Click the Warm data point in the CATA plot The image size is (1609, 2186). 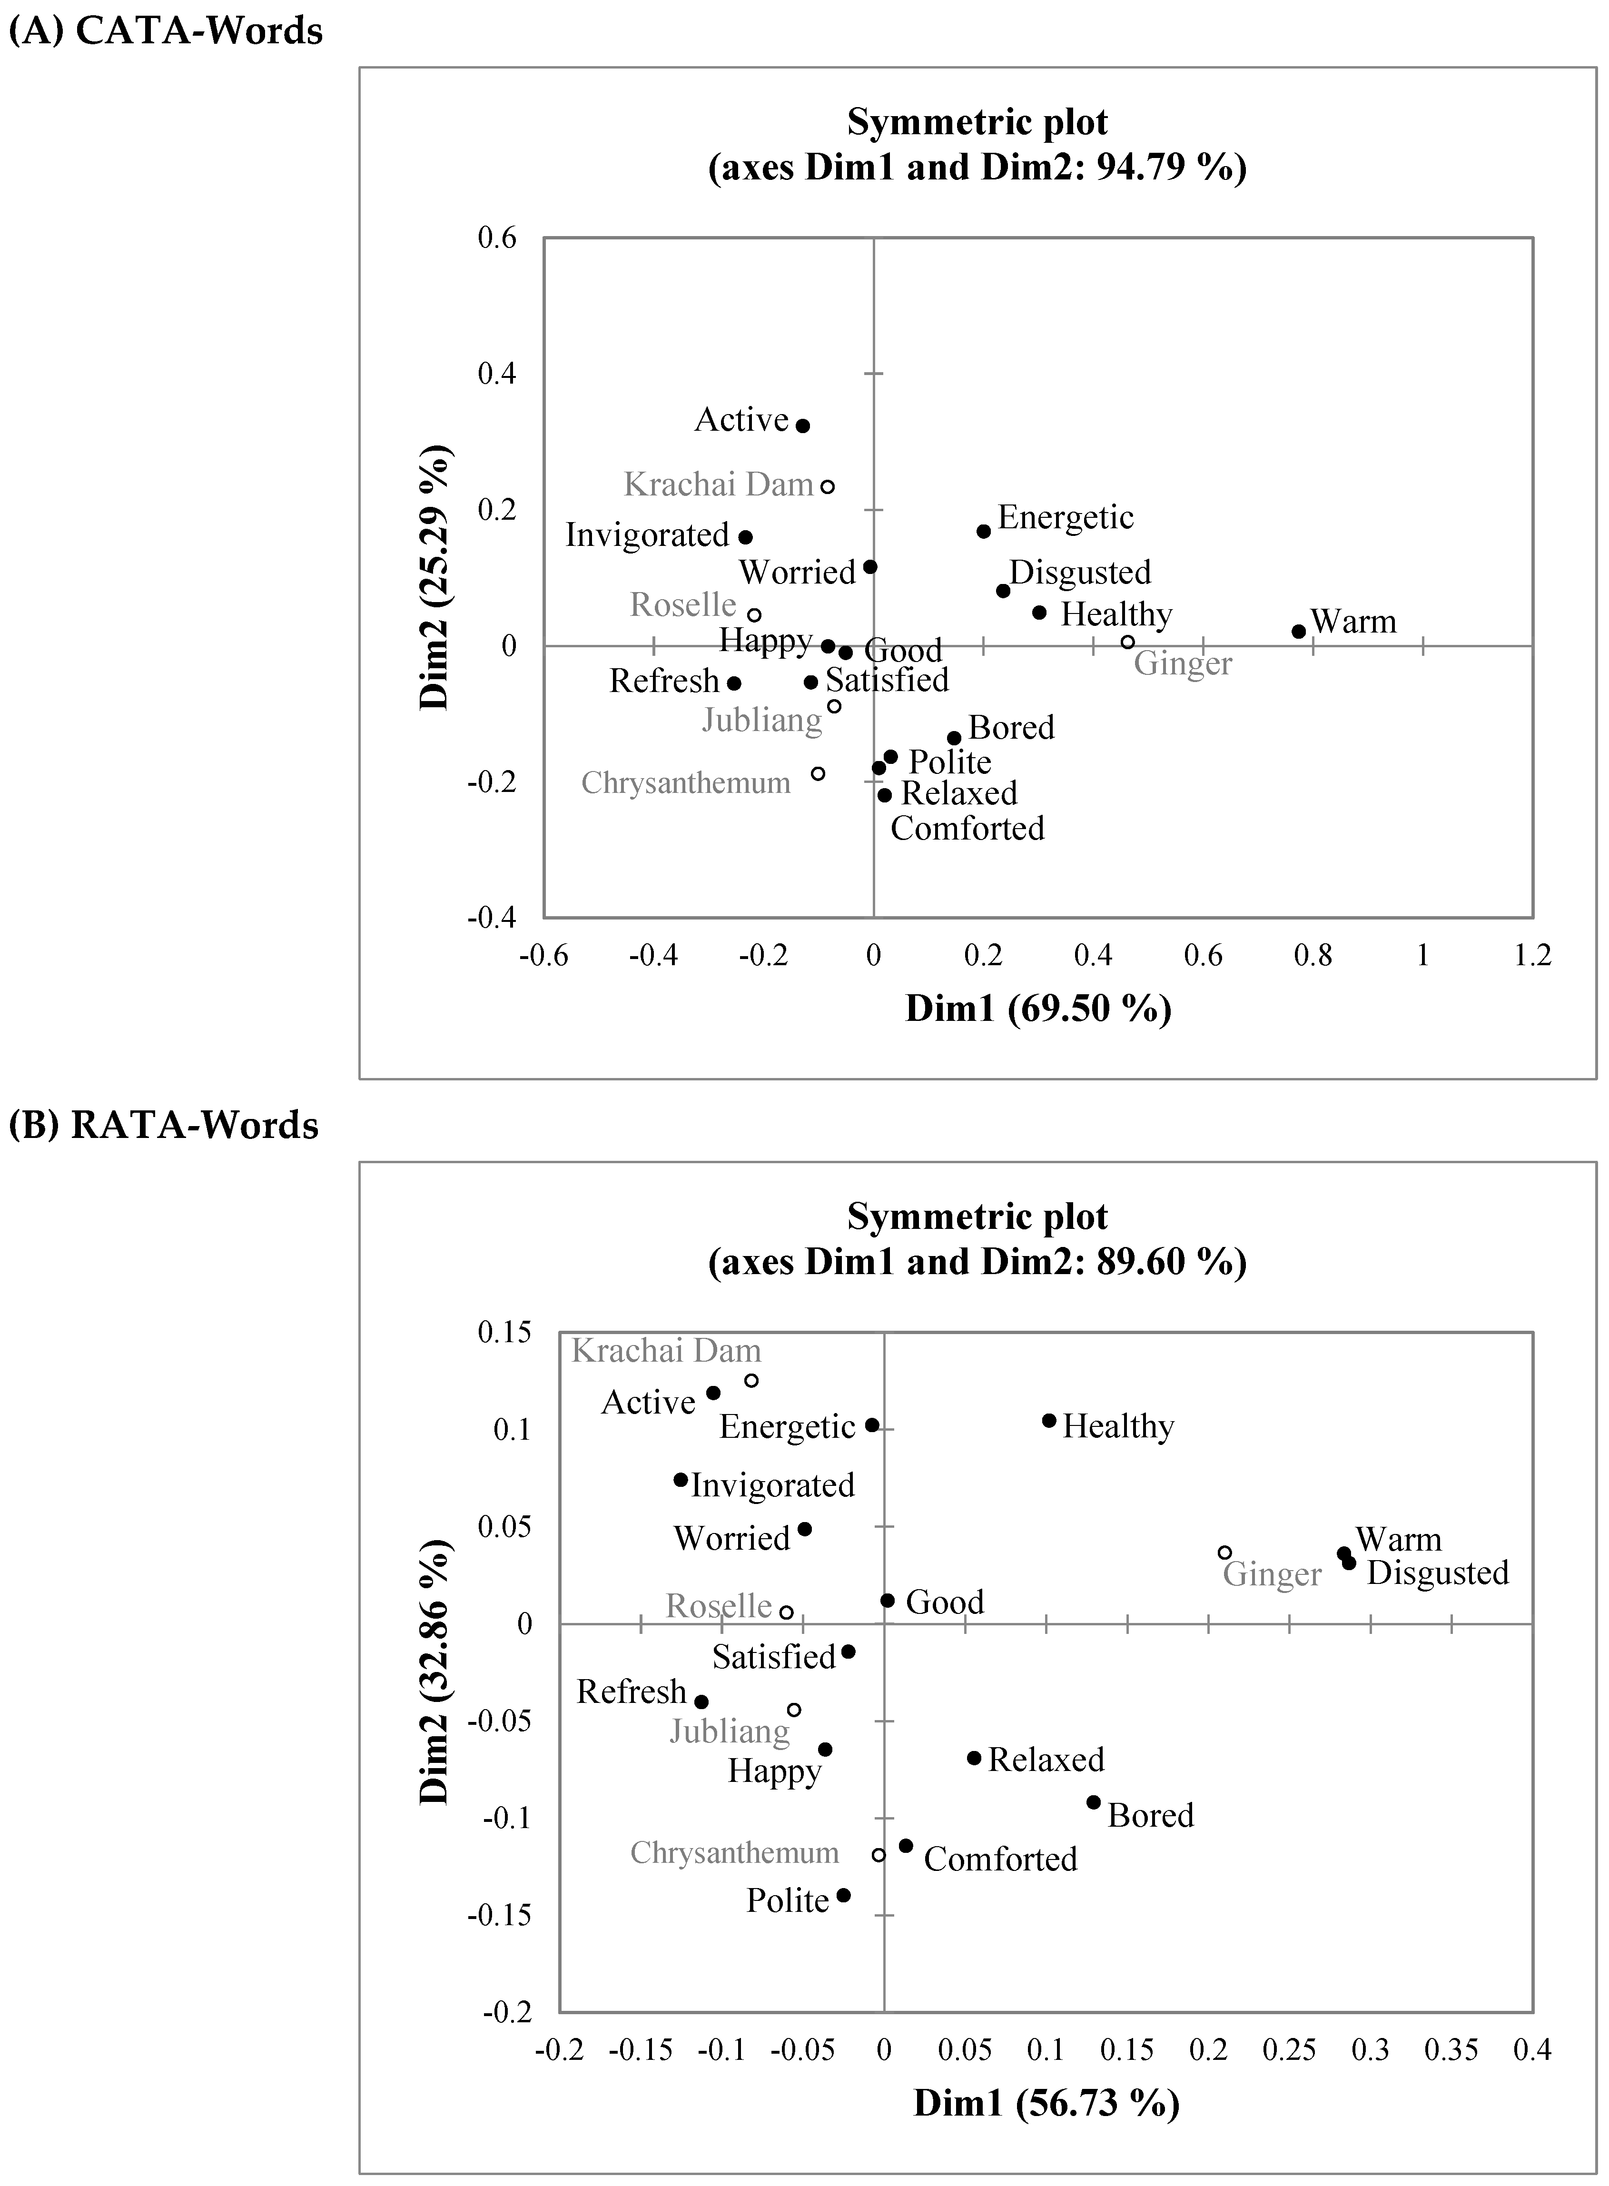[1298, 631]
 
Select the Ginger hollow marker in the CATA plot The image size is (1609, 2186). [1127, 642]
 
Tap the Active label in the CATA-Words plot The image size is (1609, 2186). [741, 420]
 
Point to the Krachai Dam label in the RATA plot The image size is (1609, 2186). [666, 1351]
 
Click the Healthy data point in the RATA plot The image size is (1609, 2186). [1049, 1420]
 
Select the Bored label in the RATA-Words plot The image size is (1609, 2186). [1150, 1816]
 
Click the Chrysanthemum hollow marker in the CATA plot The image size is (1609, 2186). [818, 773]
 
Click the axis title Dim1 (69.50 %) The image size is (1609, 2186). [1038, 1009]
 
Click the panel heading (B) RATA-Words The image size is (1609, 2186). [164, 1125]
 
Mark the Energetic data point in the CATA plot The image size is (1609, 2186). [984, 531]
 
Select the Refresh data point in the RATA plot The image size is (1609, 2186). [701, 1702]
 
